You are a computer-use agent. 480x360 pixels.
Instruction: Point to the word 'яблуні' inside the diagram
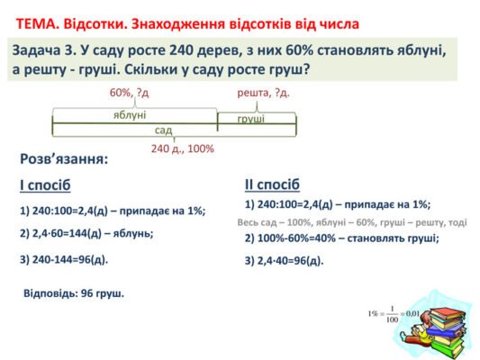click(131, 114)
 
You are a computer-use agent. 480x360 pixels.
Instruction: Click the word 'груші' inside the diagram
click(251, 119)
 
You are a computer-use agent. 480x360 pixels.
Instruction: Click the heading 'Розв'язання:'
click(64, 160)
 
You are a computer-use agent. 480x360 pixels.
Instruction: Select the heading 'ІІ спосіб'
click(273, 184)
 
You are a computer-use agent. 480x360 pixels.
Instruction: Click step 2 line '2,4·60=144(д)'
click(86, 233)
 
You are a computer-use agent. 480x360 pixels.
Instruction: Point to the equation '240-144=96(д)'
click(63, 260)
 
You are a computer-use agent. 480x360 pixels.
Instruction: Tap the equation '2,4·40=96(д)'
click(284, 261)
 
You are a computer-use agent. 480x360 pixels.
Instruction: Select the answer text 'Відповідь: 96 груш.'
click(74, 293)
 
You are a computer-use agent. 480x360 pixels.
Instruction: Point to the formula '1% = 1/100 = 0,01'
click(394, 314)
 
